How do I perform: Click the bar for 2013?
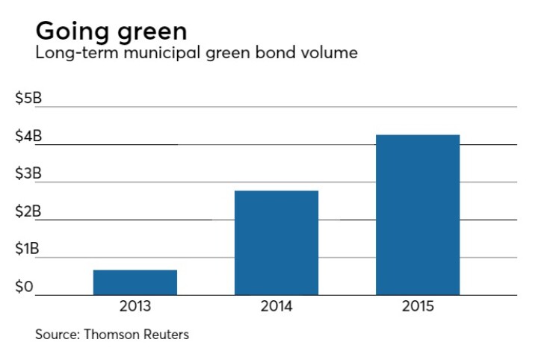[135, 282]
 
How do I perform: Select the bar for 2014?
[276, 243]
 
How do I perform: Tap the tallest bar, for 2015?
[418, 215]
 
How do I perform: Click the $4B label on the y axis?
[28, 137]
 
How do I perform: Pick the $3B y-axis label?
[28, 174]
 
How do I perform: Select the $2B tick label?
[28, 212]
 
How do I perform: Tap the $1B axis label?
[28, 249]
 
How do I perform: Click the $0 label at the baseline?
[25, 288]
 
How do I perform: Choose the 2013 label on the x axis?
[135, 306]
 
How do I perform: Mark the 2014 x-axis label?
[276, 306]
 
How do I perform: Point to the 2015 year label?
[418, 306]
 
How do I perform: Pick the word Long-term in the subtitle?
[68, 55]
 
